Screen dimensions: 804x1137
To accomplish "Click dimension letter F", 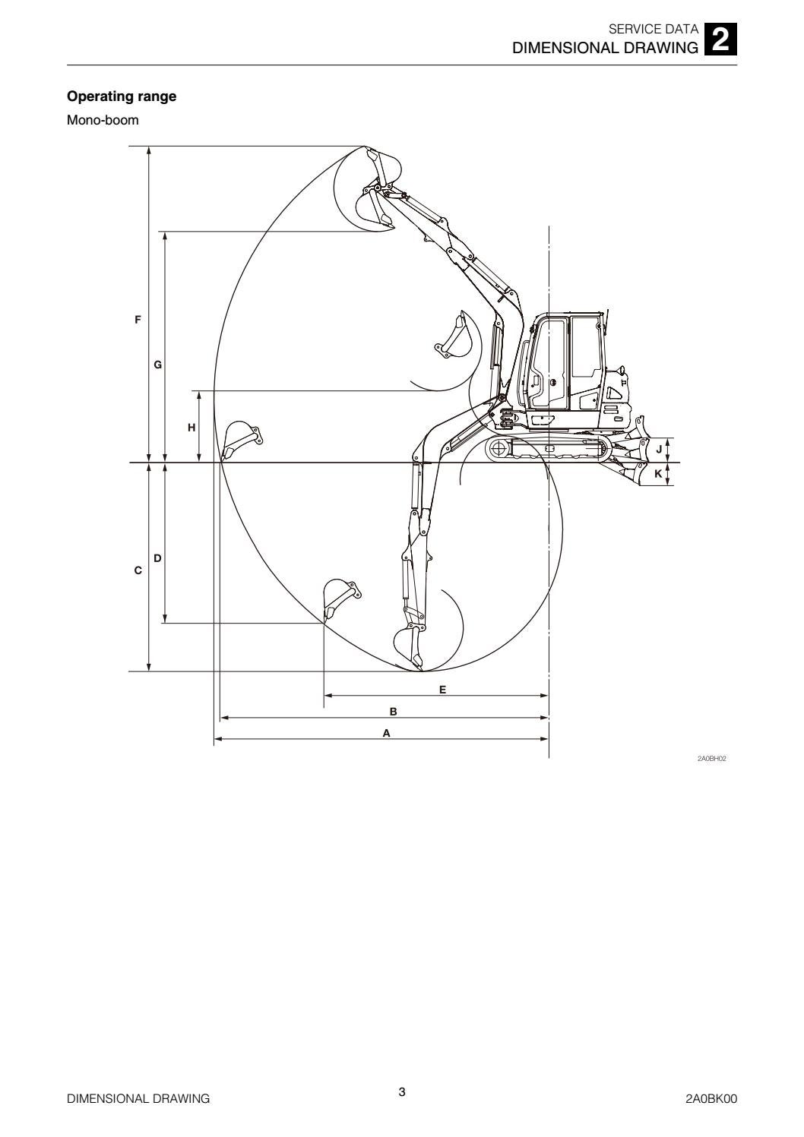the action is click(x=138, y=320).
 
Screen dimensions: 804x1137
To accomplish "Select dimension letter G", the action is click(x=158, y=365).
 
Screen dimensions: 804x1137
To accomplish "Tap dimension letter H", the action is click(x=192, y=428).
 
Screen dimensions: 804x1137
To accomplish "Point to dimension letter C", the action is click(x=138, y=570).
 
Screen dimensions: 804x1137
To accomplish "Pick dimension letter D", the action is click(x=157, y=558).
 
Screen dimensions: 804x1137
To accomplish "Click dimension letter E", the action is click(x=442, y=690).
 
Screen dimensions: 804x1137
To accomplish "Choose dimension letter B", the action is click(x=393, y=712).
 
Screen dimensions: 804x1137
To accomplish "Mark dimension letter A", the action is click(x=387, y=734).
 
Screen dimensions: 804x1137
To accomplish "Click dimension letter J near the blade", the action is click(x=659, y=449).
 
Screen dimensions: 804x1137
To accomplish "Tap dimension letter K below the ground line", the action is click(x=658, y=474).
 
